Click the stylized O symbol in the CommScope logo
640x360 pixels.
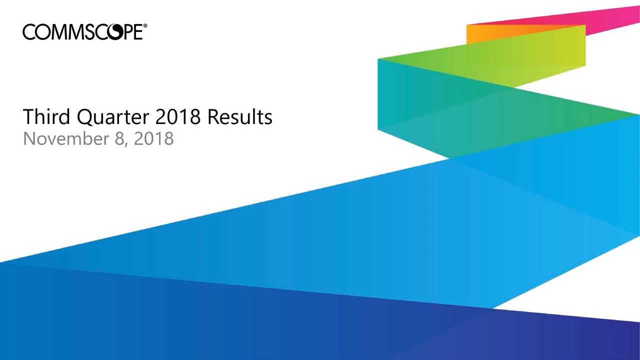coord(112,32)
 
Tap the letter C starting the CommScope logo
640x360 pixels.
coord(29,32)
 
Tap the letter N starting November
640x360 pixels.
coord(29,138)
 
